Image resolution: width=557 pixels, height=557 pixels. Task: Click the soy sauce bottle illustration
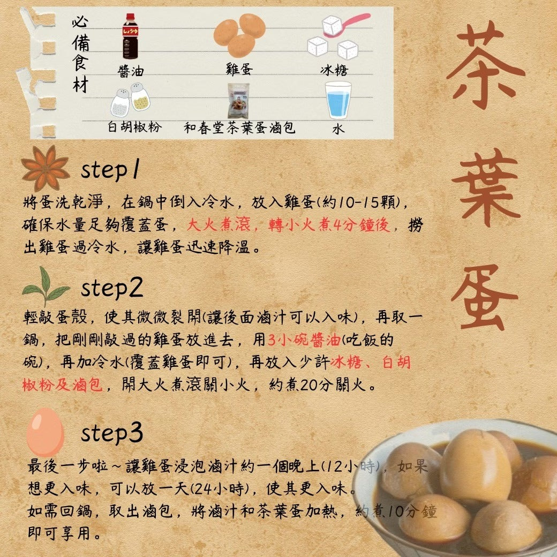pyautogui.click(x=130, y=36)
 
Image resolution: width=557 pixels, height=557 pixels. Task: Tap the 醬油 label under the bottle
pyautogui.click(x=131, y=71)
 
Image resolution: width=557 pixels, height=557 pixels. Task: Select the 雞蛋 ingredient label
pyautogui.click(x=239, y=69)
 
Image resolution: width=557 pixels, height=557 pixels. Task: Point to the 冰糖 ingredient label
pyautogui.click(x=334, y=70)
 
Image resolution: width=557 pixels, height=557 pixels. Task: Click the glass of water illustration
pyautogui.click(x=338, y=100)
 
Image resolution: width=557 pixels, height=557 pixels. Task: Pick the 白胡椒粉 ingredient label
pyautogui.click(x=135, y=127)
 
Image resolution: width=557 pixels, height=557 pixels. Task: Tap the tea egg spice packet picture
pyautogui.click(x=239, y=101)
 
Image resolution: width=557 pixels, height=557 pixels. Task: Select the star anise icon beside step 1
pyautogui.click(x=46, y=168)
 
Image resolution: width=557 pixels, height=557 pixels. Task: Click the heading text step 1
pyautogui.click(x=110, y=169)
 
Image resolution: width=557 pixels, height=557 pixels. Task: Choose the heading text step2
pyautogui.click(x=112, y=288)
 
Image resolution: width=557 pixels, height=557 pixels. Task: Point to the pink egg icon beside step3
pyautogui.click(x=45, y=432)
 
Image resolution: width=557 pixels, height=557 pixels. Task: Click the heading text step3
pyautogui.click(x=112, y=433)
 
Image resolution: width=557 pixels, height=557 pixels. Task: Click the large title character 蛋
pyautogui.click(x=485, y=298)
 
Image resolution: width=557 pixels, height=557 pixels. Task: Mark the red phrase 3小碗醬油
pyautogui.click(x=304, y=340)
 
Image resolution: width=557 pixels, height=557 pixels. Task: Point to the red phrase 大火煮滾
pyautogui.click(x=219, y=225)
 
